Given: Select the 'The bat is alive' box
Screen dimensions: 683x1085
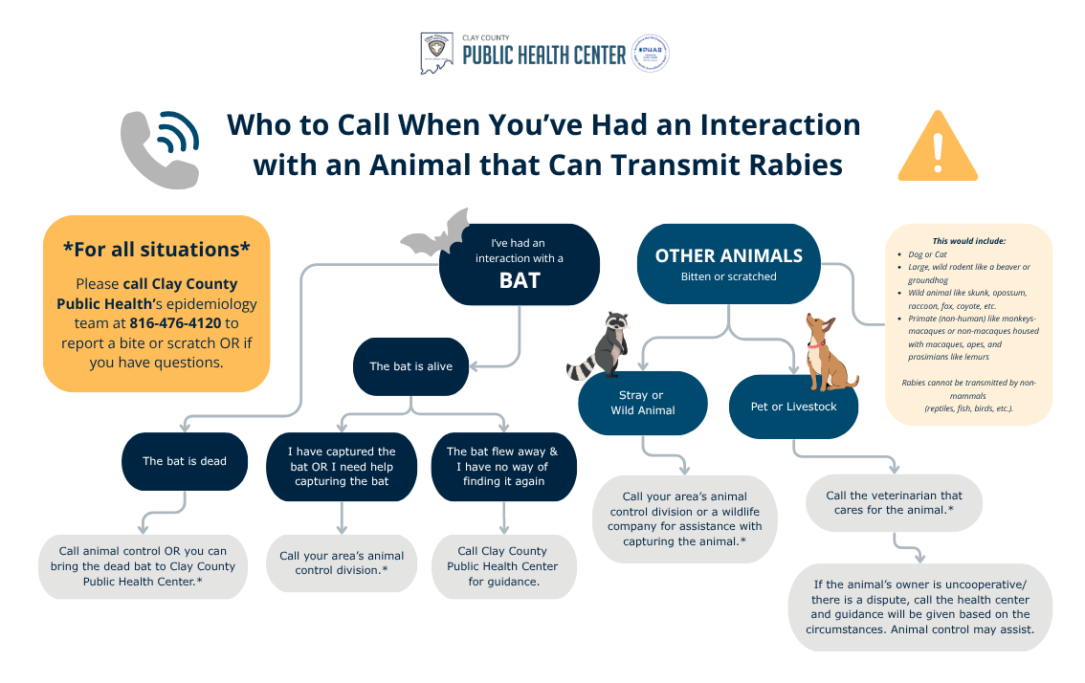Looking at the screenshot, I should pos(410,366).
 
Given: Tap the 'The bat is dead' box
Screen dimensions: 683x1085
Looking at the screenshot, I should pos(185,461).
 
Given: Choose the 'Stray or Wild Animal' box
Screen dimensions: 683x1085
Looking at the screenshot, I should pos(642,403).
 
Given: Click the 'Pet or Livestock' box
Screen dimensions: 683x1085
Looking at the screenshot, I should pos(793,407).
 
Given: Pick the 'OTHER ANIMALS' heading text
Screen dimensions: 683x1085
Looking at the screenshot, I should pos(728,256).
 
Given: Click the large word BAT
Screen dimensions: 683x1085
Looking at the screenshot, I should pos(520,280).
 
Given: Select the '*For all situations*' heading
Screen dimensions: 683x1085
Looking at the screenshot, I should pos(157,249).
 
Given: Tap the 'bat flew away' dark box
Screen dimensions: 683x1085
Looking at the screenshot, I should pos(503,467).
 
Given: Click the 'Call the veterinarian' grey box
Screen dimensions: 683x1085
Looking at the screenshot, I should pos(895,502).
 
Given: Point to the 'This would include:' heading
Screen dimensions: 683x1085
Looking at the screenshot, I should pos(969,241).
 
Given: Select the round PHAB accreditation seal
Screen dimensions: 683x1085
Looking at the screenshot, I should pos(651,54).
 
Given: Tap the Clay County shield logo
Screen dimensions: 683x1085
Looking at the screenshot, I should pos(435,54).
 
